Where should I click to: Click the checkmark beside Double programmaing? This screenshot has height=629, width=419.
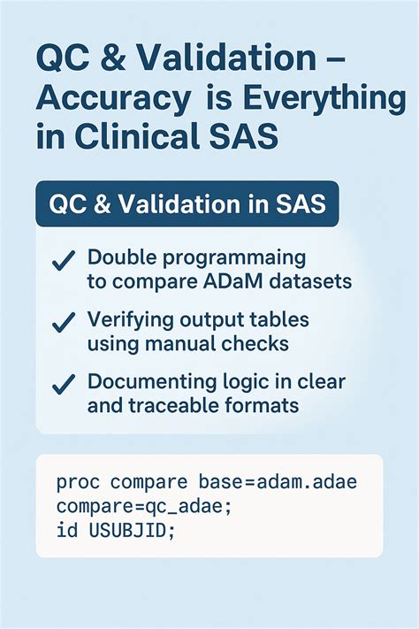tap(63, 261)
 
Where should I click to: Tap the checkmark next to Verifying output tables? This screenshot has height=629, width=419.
tap(63, 324)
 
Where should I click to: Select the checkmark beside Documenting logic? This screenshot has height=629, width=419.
tap(63, 385)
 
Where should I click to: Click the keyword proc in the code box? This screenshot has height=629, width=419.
tap(77, 482)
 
